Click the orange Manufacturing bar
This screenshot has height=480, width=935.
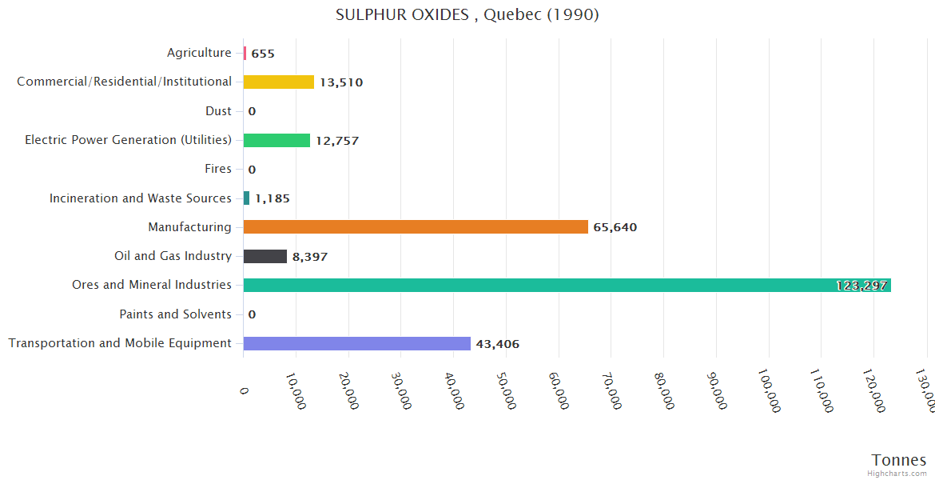(416, 227)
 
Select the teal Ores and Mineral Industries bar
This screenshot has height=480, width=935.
(559, 286)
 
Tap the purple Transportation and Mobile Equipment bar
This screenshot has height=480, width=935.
(356, 343)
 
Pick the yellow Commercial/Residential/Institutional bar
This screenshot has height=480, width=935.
(278, 82)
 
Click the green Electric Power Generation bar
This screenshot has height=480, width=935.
(277, 140)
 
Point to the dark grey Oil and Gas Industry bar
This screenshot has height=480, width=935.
(265, 256)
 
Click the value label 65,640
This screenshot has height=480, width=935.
(615, 227)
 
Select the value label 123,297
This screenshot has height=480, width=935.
(861, 286)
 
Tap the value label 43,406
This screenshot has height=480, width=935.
(497, 344)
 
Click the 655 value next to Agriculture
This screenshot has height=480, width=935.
(262, 54)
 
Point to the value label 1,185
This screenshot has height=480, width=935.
(272, 198)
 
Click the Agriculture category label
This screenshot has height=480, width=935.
(199, 53)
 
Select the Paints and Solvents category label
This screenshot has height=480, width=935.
(175, 314)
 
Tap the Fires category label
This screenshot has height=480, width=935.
(217, 169)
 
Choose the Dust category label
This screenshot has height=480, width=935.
(218, 111)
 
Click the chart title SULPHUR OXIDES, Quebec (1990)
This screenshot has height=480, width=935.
(467, 14)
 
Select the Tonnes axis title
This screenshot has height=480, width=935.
(898, 460)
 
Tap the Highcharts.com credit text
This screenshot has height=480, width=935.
(897, 474)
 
